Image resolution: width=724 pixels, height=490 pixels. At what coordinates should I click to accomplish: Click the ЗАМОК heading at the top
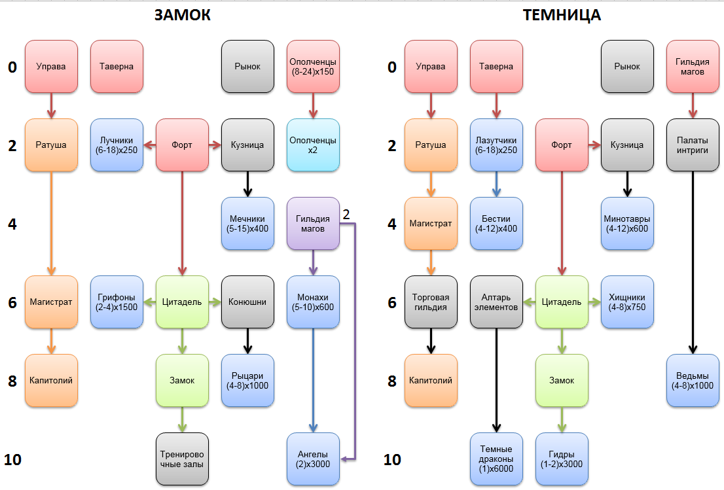183,16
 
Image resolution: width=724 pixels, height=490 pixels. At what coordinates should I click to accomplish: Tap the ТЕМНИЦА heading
562,16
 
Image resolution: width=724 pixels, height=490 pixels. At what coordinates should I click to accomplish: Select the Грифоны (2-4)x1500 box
117,302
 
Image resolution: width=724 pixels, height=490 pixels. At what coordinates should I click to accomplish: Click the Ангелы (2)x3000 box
313,459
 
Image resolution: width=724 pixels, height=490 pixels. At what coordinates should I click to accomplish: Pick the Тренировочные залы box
182,459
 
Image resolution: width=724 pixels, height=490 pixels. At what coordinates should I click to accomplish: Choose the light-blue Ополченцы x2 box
313,145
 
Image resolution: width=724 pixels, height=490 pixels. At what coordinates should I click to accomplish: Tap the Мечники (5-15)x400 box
247,224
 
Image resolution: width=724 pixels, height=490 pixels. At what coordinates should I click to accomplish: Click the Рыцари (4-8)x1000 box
247,381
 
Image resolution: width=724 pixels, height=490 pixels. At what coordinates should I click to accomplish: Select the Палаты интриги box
693,145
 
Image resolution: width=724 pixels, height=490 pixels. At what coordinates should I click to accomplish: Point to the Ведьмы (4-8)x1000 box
693,381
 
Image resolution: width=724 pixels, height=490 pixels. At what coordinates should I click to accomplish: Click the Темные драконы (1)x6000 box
496,459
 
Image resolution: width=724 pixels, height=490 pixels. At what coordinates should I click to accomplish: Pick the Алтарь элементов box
496,302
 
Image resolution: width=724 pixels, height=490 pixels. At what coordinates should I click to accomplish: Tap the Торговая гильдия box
431,302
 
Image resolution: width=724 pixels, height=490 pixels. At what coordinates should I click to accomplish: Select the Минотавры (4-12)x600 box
627,224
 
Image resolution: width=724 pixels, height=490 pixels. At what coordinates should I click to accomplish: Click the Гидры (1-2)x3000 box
562,459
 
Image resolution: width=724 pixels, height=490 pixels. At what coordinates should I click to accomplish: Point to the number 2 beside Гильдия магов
346,213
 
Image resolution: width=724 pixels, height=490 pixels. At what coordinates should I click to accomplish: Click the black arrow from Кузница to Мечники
247,184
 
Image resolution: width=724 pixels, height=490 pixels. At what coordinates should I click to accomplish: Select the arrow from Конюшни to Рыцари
247,341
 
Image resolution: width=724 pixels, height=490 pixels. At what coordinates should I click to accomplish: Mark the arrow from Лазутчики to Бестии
496,184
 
